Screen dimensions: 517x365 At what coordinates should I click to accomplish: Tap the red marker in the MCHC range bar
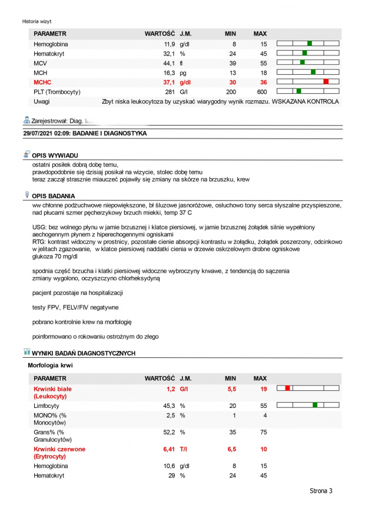click(326, 82)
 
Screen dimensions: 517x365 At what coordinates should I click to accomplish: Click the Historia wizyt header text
click(37, 21)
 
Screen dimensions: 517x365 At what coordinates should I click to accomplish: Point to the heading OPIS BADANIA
click(61, 195)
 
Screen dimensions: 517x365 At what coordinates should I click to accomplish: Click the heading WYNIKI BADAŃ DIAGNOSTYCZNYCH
click(84, 353)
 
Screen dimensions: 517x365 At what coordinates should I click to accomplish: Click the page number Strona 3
click(321, 490)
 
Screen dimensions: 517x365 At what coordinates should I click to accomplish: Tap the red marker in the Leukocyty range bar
click(287, 388)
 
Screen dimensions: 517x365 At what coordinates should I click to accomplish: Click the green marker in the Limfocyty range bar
click(316, 405)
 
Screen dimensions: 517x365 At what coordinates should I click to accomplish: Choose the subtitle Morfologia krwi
click(50, 365)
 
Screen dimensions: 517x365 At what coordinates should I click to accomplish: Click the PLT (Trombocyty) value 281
click(170, 92)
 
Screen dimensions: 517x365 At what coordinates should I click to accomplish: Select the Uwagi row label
click(42, 101)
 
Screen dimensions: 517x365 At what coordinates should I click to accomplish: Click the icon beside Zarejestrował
click(26, 120)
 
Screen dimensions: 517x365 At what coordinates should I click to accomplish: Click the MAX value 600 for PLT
click(261, 92)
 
